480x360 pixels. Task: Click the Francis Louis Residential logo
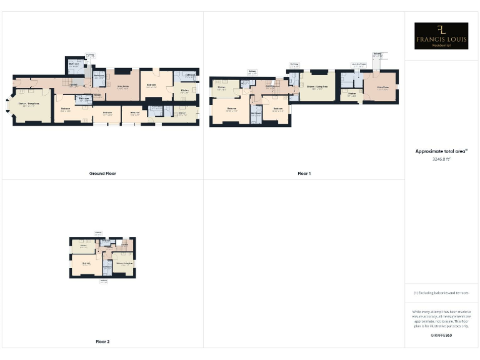441,36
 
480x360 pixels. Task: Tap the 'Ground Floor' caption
102,173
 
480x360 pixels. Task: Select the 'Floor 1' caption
304,173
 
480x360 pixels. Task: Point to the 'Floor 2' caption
102,342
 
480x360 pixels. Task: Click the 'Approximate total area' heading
441,151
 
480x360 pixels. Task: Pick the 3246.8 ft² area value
441,159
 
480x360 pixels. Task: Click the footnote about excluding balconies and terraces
441,292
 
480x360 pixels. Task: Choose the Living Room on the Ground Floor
122,87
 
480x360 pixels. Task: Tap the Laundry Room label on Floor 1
359,64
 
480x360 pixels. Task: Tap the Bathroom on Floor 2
107,269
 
